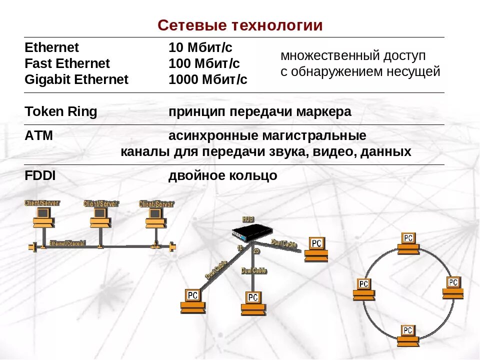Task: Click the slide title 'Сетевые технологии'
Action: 240,25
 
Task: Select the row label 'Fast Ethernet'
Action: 67,64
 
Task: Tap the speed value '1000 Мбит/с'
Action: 208,80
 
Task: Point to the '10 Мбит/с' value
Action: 200,48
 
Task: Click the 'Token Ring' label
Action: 60,112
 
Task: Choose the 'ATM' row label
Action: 38,136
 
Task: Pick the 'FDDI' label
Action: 40,176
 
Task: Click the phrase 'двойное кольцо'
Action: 222,176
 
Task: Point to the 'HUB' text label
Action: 248,219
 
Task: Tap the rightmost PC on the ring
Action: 453,286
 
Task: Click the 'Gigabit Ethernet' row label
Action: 76,80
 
